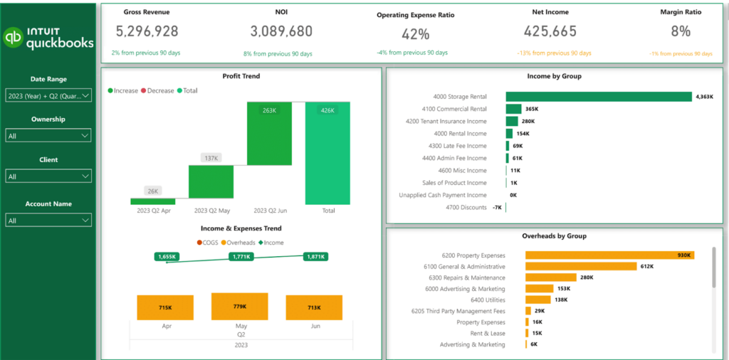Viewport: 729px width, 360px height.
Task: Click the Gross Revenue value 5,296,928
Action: [x=147, y=31]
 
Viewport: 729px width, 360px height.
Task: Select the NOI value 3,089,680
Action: [x=281, y=31]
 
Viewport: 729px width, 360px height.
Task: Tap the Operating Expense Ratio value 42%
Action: [x=415, y=34]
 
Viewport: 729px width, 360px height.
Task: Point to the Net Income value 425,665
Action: [x=550, y=31]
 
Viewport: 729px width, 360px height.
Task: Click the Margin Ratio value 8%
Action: [x=681, y=31]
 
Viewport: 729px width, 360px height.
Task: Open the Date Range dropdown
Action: [x=48, y=95]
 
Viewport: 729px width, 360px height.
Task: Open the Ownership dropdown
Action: [x=48, y=135]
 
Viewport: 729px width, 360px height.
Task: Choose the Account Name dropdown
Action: [x=48, y=221]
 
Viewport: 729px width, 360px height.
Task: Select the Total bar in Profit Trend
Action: [x=328, y=153]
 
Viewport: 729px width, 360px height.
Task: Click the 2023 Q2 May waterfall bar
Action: [x=211, y=181]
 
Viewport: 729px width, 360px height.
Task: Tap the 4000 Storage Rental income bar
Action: [x=598, y=97]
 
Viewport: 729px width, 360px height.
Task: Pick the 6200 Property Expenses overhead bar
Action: [x=609, y=255]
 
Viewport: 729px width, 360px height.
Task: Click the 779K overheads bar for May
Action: [x=239, y=307]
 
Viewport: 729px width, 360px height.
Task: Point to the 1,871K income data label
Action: [x=315, y=256]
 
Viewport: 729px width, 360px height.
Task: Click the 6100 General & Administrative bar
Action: [x=580, y=266]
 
